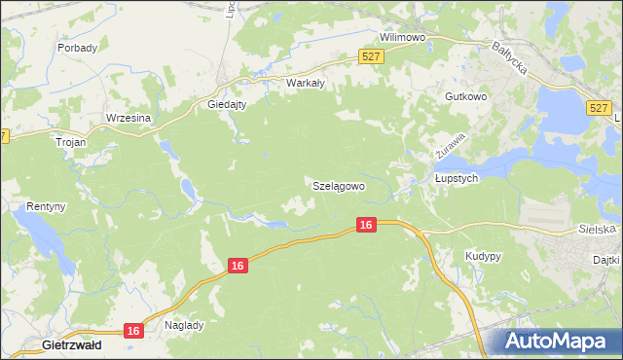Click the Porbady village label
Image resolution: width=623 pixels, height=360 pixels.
[77, 47]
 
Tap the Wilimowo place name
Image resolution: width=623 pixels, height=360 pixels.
[404, 37]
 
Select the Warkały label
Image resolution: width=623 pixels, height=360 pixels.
[304, 83]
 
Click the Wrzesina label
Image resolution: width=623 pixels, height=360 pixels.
[128, 118]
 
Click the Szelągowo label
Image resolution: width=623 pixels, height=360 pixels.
[339, 185]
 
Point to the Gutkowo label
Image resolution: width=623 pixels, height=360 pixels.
[464, 97]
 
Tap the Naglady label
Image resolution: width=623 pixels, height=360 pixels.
[184, 325]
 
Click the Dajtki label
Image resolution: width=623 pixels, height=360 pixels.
[606, 260]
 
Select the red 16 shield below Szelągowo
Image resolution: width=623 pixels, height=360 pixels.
[365, 225]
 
